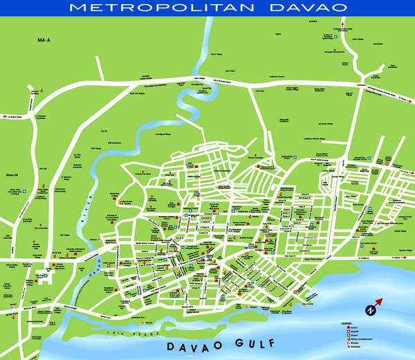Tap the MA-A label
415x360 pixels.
[46, 42]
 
